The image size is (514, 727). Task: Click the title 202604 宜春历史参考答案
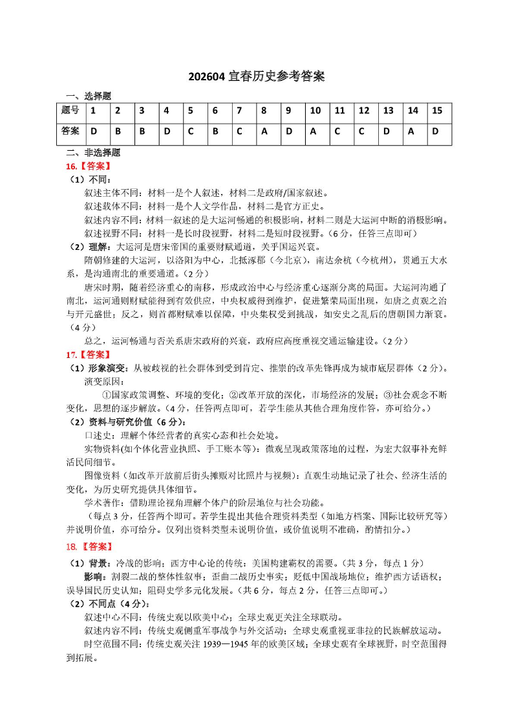point(257,77)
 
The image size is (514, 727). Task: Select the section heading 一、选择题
point(89,96)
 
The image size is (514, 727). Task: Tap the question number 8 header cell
point(264,111)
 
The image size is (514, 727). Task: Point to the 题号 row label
point(70,111)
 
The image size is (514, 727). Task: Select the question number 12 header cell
point(364,111)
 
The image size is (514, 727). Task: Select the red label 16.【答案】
point(87,166)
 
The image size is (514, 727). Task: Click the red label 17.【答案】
point(87,355)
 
